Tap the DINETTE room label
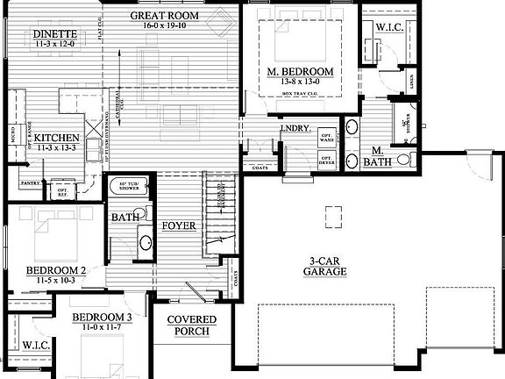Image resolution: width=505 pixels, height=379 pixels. (54, 34)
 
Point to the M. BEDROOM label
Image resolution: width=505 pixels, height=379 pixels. (301, 71)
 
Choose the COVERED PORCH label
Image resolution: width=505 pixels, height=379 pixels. (192, 325)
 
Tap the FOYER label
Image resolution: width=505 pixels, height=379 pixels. (178, 225)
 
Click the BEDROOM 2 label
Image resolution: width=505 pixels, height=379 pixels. (54, 269)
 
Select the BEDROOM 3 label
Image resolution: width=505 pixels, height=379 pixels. (102, 317)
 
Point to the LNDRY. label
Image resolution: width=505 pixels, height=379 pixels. (295, 129)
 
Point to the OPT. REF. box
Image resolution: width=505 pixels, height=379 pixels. (62, 190)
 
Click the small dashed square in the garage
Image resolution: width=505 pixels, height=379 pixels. (333, 216)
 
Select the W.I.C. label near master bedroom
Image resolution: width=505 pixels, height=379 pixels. (388, 28)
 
